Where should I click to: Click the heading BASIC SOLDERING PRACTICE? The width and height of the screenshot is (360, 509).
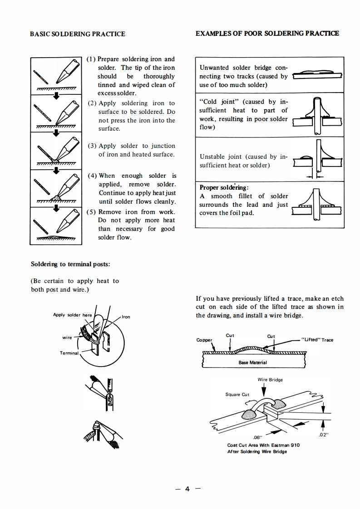(77, 34)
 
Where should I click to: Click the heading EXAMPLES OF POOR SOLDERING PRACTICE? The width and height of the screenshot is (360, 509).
(267, 34)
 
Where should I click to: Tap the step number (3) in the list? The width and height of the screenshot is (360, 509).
(91, 146)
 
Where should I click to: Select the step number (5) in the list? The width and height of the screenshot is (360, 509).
(91, 212)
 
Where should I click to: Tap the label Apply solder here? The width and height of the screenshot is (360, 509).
(72, 315)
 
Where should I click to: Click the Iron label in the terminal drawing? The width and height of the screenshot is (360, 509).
(126, 317)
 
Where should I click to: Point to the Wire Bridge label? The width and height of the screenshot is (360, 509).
(270, 380)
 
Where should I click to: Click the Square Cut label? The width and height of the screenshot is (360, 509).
(237, 394)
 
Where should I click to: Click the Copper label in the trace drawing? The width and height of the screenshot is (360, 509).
(204, 340)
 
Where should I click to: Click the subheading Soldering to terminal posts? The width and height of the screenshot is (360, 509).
(70, 264)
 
